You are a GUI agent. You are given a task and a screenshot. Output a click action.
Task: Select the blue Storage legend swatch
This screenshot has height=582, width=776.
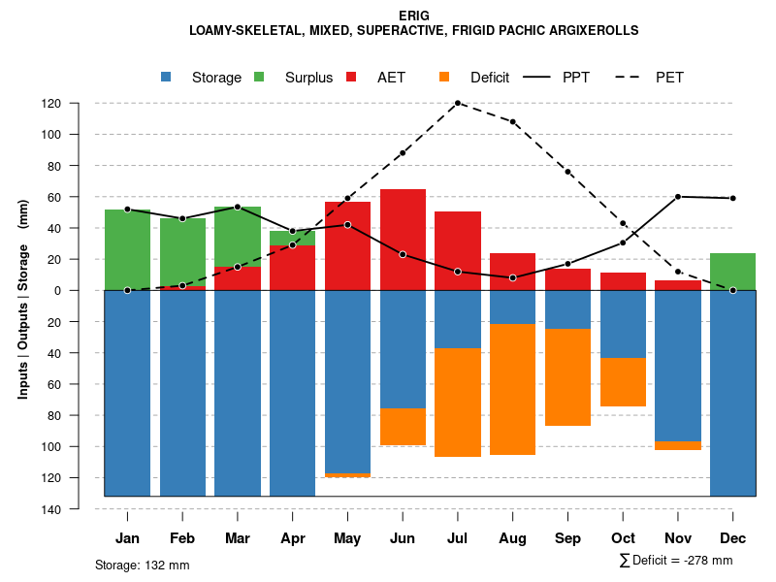point(167,77)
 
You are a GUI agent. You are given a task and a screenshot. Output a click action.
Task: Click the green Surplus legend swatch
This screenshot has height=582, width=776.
point(260,77)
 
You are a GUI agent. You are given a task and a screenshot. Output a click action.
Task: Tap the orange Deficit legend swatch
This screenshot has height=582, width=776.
point(445,77)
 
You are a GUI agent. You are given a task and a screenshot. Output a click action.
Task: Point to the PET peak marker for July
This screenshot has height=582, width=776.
point(458,103)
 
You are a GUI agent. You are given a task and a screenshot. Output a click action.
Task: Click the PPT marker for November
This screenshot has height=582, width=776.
point(678,197)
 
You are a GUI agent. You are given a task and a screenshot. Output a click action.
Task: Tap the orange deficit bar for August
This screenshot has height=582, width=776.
point(512,389)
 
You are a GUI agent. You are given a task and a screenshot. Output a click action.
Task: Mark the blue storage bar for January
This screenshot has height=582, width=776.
point(127,393)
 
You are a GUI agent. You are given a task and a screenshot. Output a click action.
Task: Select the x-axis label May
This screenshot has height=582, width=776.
point(347,538)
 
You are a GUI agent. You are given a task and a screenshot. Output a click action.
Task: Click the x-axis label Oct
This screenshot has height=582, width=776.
point(623,538)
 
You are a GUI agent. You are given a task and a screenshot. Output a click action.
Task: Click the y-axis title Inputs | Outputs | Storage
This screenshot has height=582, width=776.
point(23,299)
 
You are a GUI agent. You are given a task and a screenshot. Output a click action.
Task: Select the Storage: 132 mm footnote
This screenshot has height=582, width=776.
point(142,565)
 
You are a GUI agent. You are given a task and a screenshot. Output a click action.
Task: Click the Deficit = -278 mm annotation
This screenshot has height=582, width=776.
point(676,561)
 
